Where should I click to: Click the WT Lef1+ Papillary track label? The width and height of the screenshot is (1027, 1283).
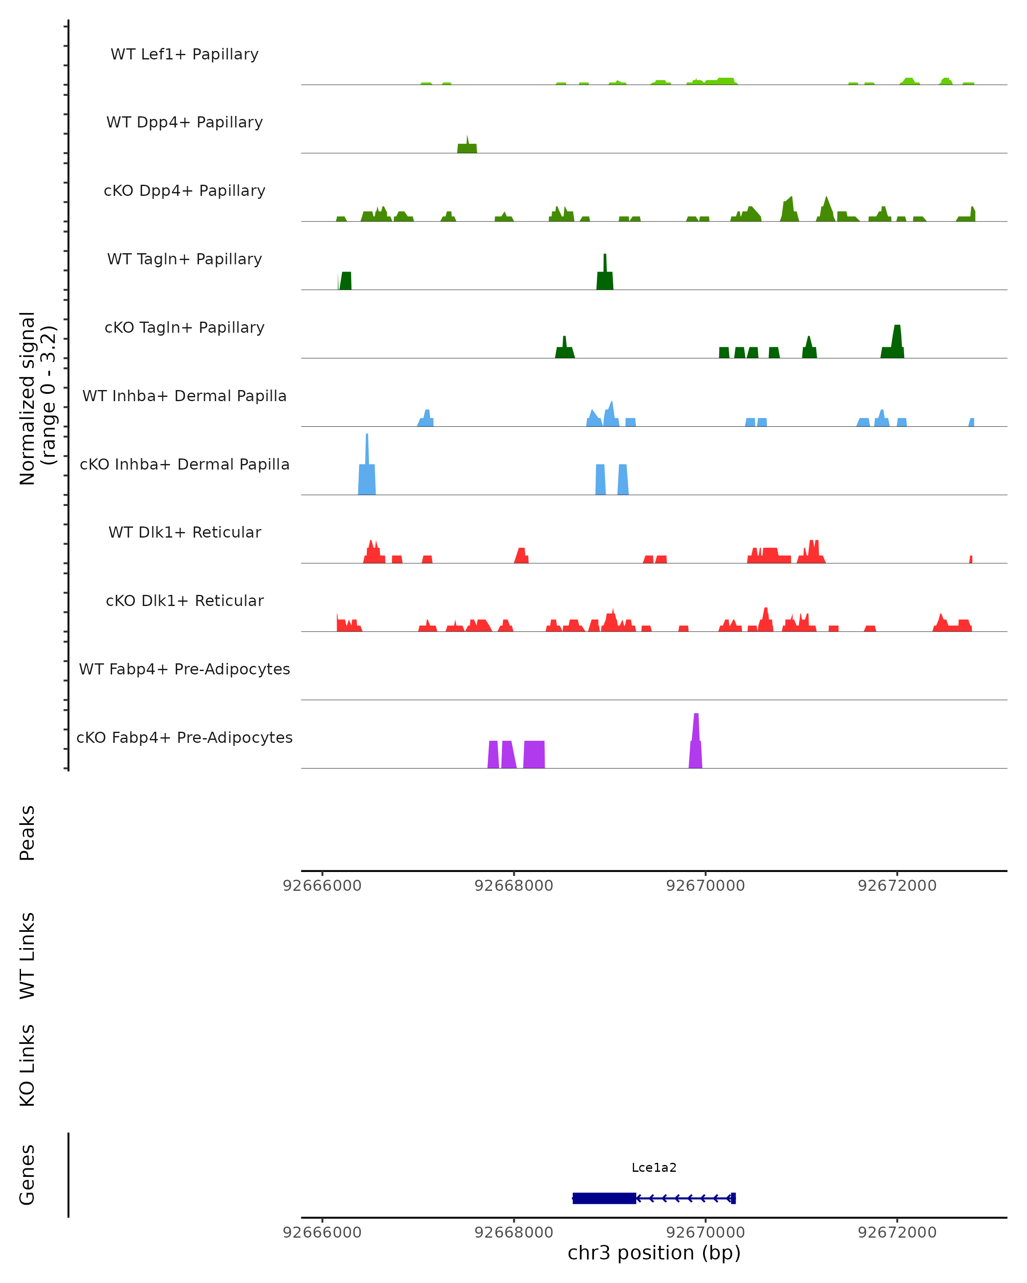[x=184, y=54]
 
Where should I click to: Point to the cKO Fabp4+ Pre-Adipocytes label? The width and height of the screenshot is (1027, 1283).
[x=184, y=737]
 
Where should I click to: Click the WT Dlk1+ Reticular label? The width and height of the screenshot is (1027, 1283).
[x=184, y=532]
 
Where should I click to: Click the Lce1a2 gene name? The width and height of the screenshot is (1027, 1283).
[x=654, y=1168]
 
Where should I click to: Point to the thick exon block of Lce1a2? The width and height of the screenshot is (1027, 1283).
[x=604, y=1198]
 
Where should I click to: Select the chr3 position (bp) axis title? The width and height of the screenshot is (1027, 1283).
[x=654, y=1253]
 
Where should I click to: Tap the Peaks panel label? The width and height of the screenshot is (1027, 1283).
[x=27, y=833]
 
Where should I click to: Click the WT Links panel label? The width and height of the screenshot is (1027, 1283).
[x=27, y=955]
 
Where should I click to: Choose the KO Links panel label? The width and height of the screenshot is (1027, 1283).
[x=27, y=1065]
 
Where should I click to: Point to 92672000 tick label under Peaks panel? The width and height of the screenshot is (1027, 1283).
[x=896, y=886]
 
